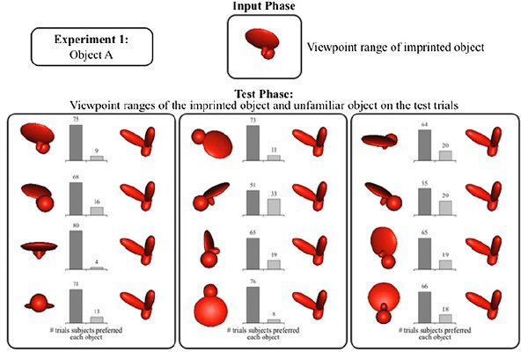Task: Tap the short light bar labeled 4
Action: click(x=96, y=267)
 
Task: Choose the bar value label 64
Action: click(x=425, y=123)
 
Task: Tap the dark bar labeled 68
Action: click(x=76, y=199)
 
